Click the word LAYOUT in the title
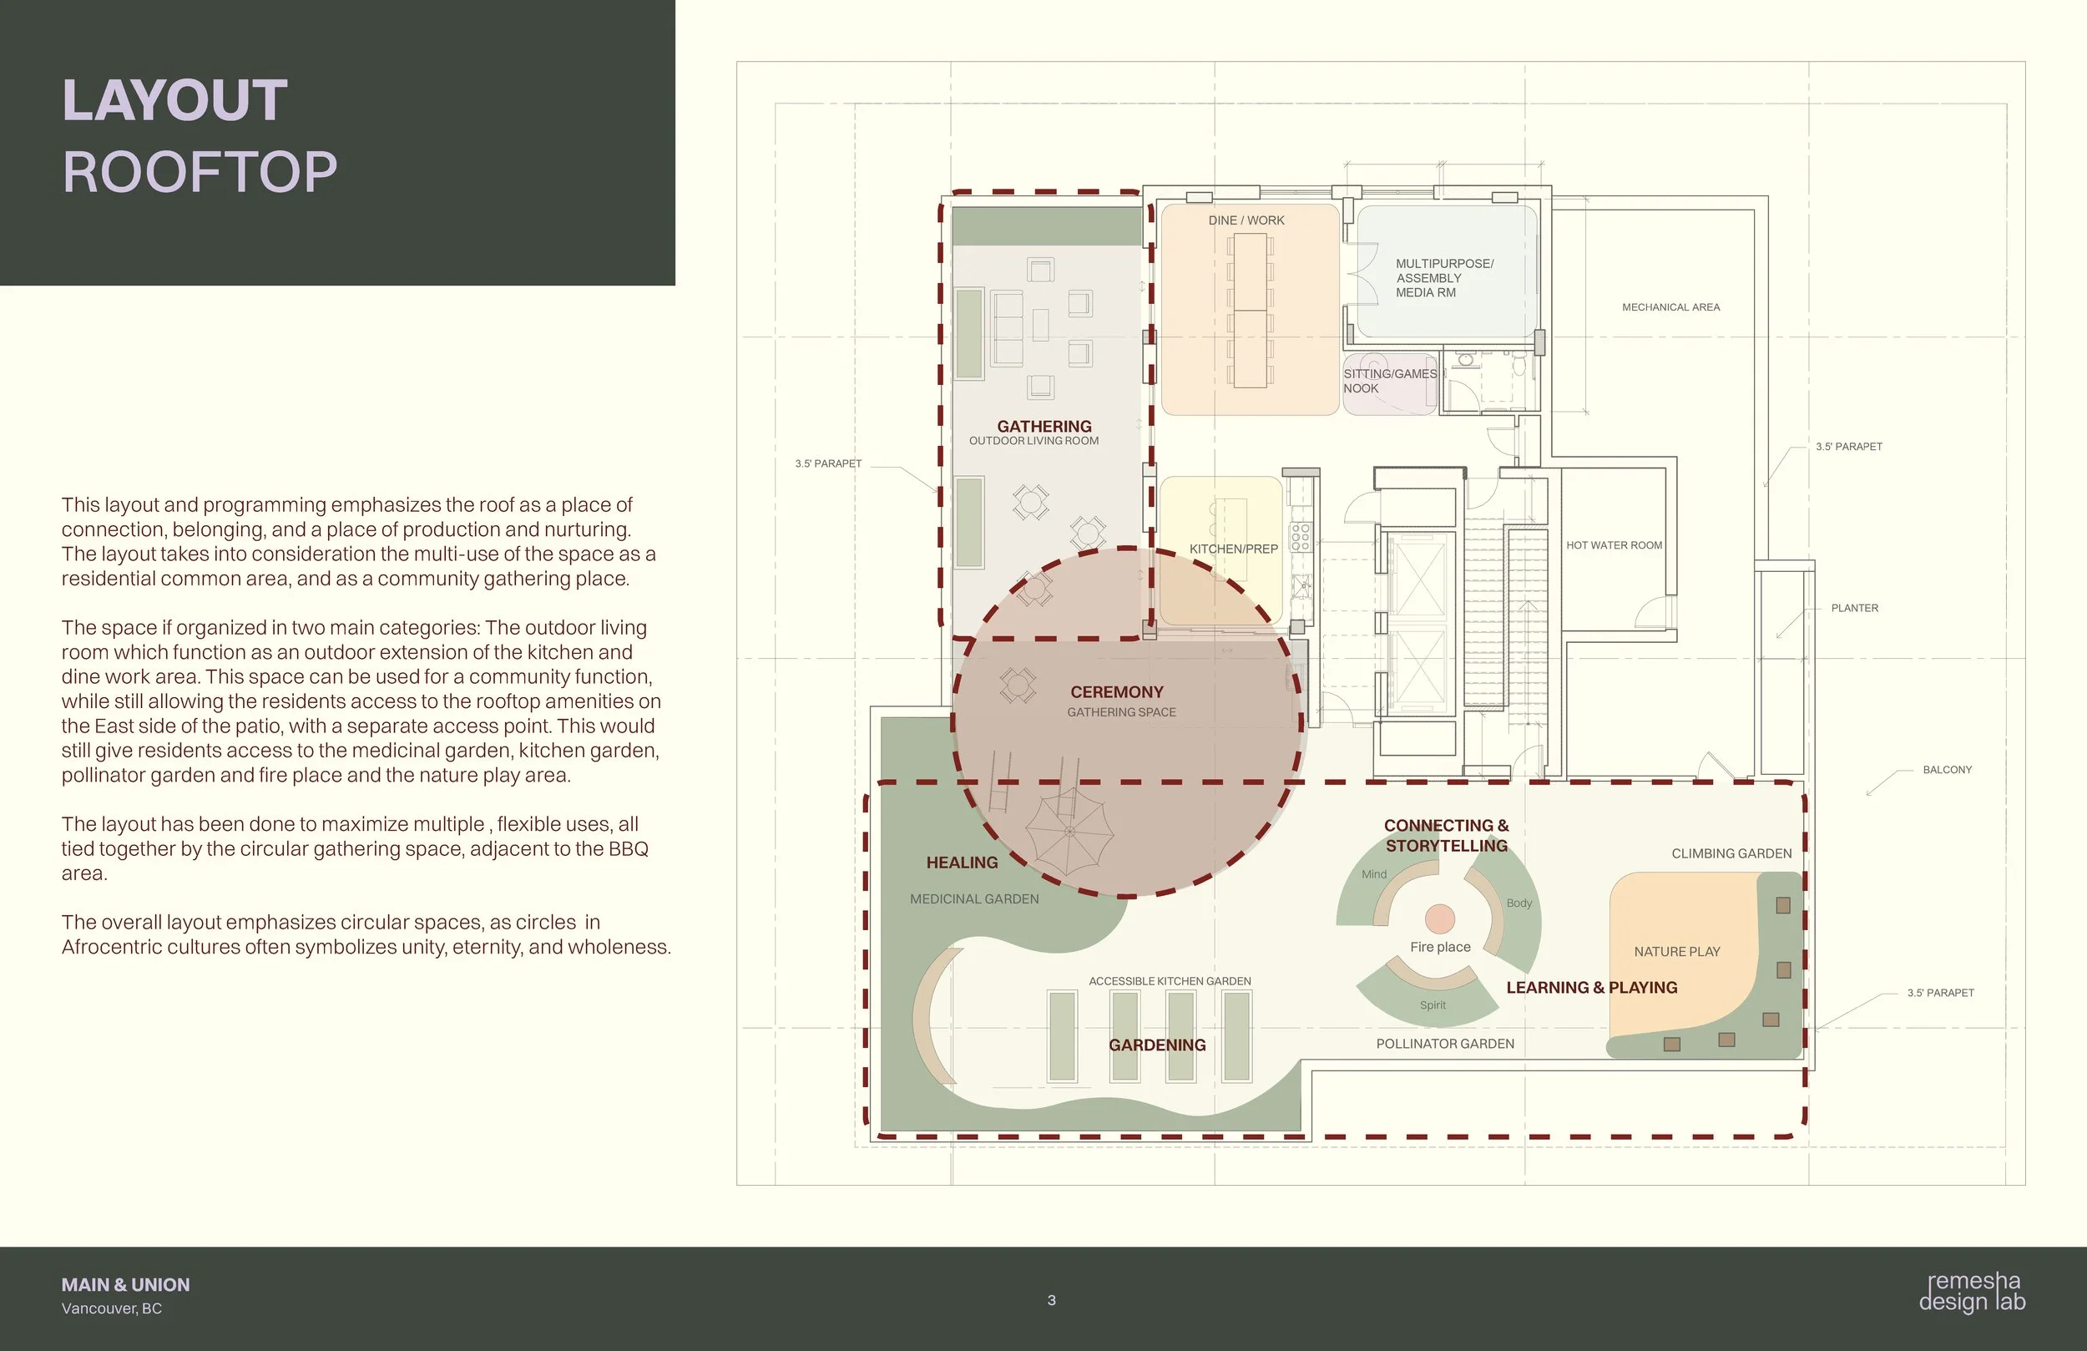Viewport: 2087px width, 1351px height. (174, 100)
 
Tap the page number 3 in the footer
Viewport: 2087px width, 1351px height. (1051, 1300)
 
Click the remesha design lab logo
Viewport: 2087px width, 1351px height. (1972, 1292)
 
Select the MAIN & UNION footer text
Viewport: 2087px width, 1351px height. (125, 1284)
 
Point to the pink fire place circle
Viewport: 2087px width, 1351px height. (1440, 918)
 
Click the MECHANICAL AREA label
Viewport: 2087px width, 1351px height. (1670, 307)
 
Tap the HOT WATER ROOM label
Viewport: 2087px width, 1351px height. (1615, 544)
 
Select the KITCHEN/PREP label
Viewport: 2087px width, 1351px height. (1233, 549)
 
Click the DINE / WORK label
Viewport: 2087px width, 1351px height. (1246, 220)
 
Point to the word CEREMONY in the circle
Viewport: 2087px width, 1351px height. (1117, 692)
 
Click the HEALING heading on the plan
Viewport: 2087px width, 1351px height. (962, 863)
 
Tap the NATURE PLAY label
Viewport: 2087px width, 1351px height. (1676, 952)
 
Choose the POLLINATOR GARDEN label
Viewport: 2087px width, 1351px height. (1445, 1044)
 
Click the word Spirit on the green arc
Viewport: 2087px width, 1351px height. (1433, 1005)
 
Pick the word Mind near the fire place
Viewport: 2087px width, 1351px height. (1374, 874)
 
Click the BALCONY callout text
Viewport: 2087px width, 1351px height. (1948, 769)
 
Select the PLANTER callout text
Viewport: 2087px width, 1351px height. (1855, 608)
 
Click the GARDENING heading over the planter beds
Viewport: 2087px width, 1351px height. (1158, 1045)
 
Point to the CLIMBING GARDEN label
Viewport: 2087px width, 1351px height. (1731, 853)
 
